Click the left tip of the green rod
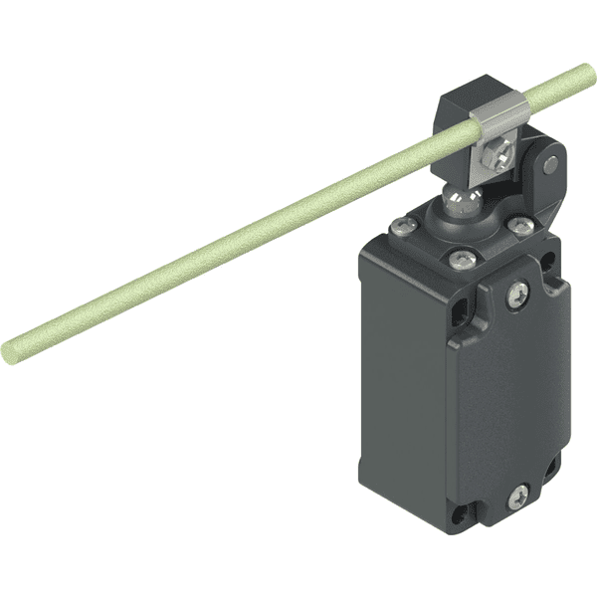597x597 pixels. point(12,350)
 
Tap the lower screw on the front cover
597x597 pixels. point(518,495)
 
